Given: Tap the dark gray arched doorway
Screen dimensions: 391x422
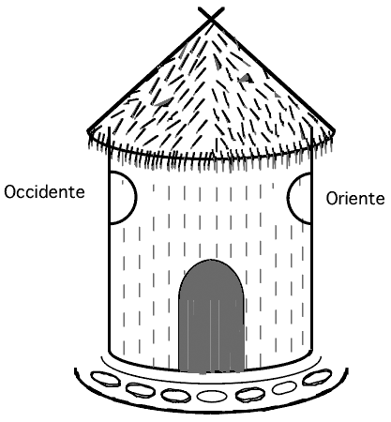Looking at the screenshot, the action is (211, 316).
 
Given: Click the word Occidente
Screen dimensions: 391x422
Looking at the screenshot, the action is (44, 192).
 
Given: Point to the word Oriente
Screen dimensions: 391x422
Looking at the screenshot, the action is (355, 198).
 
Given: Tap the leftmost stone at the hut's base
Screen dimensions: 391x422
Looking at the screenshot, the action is (105, 379).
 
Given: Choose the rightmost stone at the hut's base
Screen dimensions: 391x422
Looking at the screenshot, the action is (317, 377).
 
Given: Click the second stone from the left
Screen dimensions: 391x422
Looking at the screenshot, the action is (141, 390).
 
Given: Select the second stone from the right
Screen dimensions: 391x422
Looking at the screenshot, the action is (284, 388).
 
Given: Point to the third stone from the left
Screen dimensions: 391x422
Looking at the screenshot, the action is (176, 395).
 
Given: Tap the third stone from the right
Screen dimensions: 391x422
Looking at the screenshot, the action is (250, 395).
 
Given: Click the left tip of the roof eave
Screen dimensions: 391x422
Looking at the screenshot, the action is (88, 132).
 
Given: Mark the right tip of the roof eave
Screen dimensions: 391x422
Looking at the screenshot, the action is (335, 130).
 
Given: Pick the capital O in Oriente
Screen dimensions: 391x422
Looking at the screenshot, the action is (332, 199).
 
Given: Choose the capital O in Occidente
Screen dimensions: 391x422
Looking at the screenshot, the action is (10, 192).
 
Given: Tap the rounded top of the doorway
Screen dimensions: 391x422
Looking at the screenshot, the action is (211, 260).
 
